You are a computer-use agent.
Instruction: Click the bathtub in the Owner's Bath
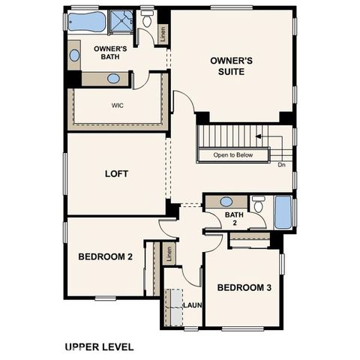click(x=87, y=22)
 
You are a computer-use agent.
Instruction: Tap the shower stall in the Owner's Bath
click(x=120, y=22)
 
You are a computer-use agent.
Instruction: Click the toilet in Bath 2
click(x=258, y=204)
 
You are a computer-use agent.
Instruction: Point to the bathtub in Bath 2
click(x=283, y=212)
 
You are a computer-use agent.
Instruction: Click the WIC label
click(x=117, y=106)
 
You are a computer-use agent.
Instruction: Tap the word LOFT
click(x=116, y=174)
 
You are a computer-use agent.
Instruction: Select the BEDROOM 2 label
click(x=105, y=256)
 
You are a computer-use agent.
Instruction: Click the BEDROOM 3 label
click(x=244, y=288)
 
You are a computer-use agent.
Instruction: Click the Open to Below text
click(x=232, y=156)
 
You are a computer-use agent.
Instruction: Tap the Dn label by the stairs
click(x=281, y=164)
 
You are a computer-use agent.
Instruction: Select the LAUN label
click(x=193, y=305)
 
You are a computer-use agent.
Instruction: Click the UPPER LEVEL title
click(x=99, y=346)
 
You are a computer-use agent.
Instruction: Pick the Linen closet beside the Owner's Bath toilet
click(x=162, y=34)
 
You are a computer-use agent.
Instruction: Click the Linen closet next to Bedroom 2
click(x=169, y=253)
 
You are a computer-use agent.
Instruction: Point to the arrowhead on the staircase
click(x=258, y=136)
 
